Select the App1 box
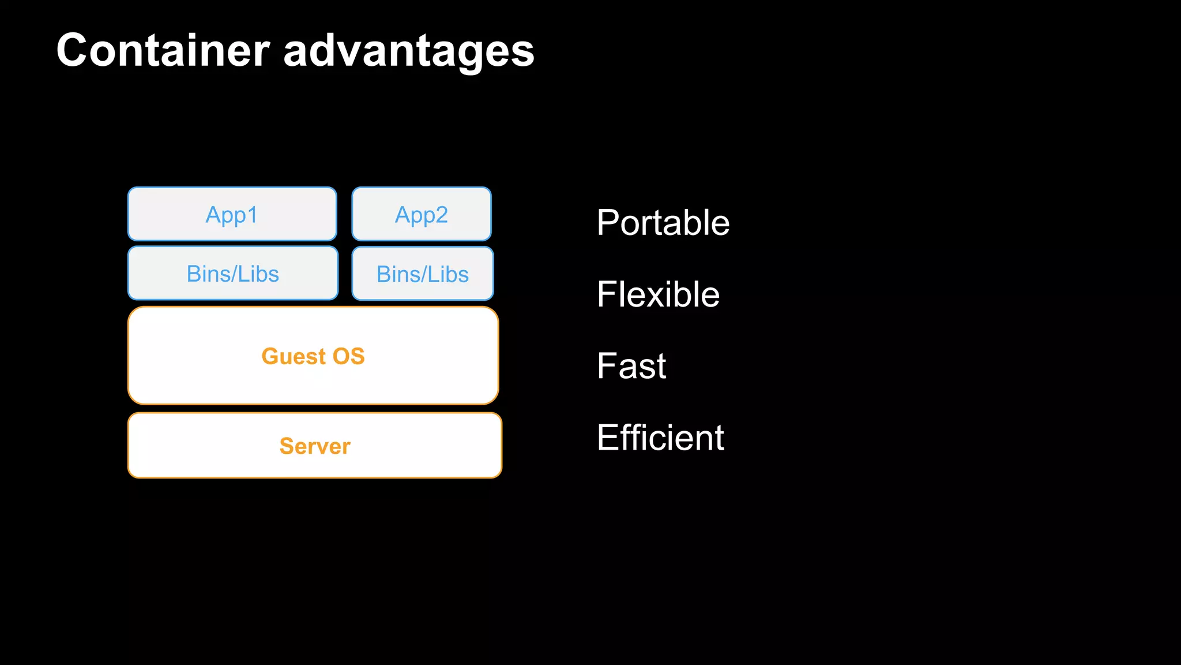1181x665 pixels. (232, 214)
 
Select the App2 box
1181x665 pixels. (422, 214)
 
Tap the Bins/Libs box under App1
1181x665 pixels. (233, 274)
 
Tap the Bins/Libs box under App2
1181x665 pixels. (423, 274)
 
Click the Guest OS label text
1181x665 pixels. (313, 356)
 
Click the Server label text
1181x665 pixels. (315, 446)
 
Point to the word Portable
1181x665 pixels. (663, 223)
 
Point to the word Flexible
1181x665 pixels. (658, 294)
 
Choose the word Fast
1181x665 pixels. (631, 366)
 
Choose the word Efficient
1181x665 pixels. (660, 438)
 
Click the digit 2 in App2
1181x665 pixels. (441, 214)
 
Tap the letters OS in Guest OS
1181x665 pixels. (348, 356)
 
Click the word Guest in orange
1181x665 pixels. (294, 356)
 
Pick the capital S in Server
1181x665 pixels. (287, 446)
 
